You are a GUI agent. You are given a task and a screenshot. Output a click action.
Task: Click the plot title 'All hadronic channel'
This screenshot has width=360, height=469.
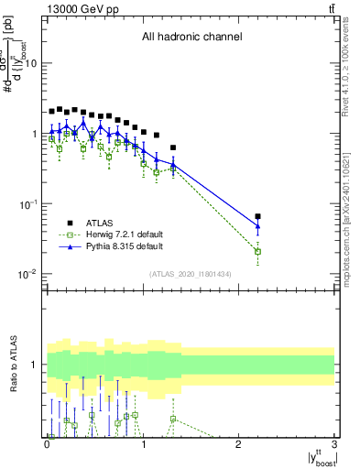(191, 38)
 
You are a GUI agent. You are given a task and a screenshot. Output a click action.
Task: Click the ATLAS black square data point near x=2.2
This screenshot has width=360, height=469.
(257, 216)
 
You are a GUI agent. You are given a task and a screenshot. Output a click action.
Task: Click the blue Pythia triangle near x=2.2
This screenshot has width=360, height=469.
(257, 226)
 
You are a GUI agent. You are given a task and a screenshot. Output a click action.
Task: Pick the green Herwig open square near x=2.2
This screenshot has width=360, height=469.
(257, 251)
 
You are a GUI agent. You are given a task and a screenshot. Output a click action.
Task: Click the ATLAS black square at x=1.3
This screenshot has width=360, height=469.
(172, 147)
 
